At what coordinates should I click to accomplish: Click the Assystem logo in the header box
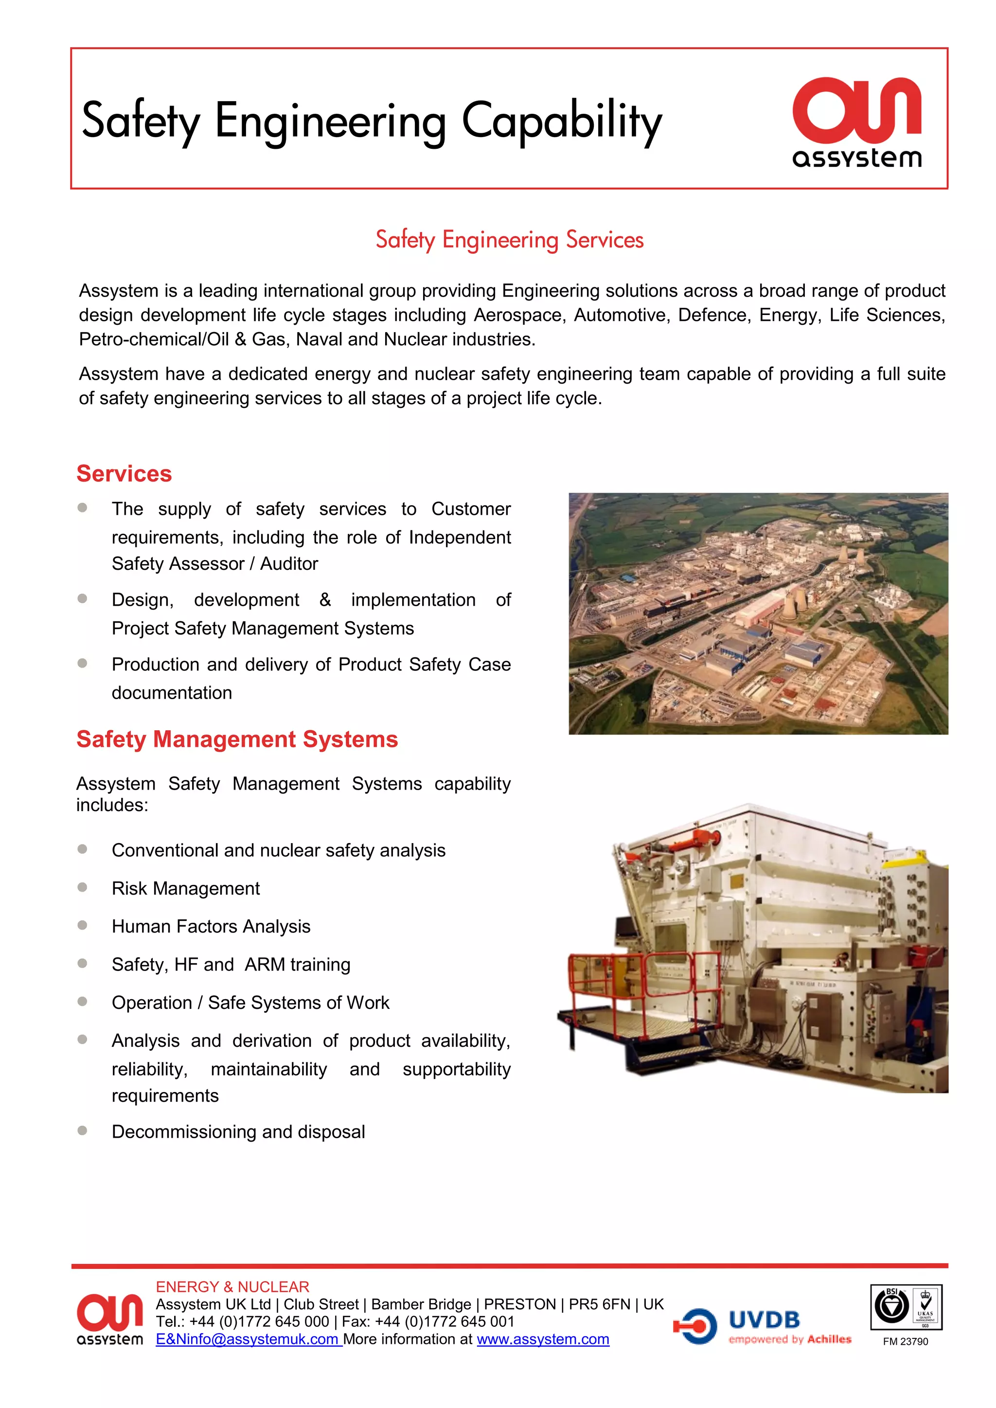coord(857,122)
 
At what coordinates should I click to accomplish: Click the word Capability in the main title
coord(561,121)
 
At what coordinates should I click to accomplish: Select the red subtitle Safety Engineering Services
coord(509,240)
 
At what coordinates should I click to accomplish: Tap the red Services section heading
coord(124,474)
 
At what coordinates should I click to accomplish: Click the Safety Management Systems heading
coord(237,739)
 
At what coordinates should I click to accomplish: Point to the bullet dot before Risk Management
coord(82,887)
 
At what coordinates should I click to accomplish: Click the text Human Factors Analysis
coord(211,926)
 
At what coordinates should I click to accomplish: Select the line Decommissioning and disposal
coord(238,1131)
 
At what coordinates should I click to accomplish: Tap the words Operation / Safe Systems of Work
coord(250,1002)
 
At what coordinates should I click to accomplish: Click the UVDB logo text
coord(764,1320)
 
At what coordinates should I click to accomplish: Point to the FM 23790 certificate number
coord(905,1341)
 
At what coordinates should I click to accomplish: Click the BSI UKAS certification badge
coord(906,1307)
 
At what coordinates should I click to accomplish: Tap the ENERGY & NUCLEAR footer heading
coord(232,1286)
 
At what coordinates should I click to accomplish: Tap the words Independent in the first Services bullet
coord(460,537)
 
